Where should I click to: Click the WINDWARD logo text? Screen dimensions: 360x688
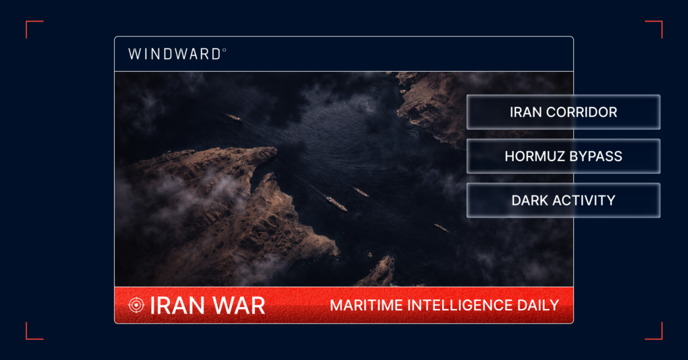174,54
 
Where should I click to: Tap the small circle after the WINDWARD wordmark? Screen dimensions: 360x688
224,50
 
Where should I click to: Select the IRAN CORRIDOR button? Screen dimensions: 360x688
563,112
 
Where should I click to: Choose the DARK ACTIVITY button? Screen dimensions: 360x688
563,201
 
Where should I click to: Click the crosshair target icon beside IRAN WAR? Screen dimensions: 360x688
136,305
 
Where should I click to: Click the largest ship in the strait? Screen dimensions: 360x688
337,204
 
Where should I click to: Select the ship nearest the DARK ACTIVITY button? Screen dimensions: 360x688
441,228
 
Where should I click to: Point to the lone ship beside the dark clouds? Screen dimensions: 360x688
233,117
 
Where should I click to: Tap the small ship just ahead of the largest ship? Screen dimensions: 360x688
361,193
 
